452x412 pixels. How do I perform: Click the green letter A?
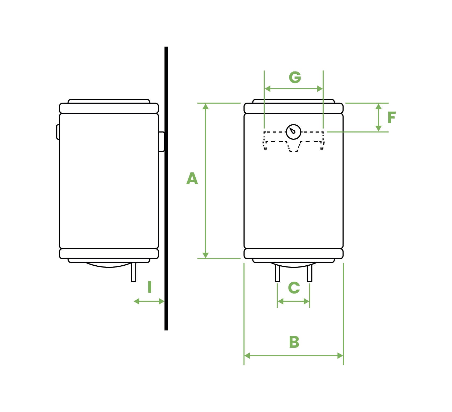point(192,179)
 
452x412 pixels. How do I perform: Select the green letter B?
point(294,342)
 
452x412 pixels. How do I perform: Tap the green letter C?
point(294,288)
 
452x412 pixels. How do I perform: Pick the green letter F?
point(392,118)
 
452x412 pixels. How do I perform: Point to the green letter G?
point(295,77)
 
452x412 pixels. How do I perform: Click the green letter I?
point(150,287)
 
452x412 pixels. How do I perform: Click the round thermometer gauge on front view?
point(294,132)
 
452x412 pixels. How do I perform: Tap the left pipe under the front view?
point(277,273)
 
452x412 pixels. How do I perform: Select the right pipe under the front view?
point(310,273)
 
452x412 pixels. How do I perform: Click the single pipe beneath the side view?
point(134,273)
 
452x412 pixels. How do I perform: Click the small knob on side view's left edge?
point(58,132)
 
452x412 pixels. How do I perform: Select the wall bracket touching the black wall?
point(161,142)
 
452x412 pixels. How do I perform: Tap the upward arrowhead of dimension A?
point(205,106)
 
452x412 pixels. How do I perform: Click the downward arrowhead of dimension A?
point(205,255)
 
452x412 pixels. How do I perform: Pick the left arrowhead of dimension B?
point(247,356)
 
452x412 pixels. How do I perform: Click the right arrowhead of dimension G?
point(320,89)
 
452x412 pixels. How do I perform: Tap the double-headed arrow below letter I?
point(149,301)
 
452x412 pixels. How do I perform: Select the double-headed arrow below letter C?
point(293,301)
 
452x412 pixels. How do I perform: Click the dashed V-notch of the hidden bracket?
point(293,148)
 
